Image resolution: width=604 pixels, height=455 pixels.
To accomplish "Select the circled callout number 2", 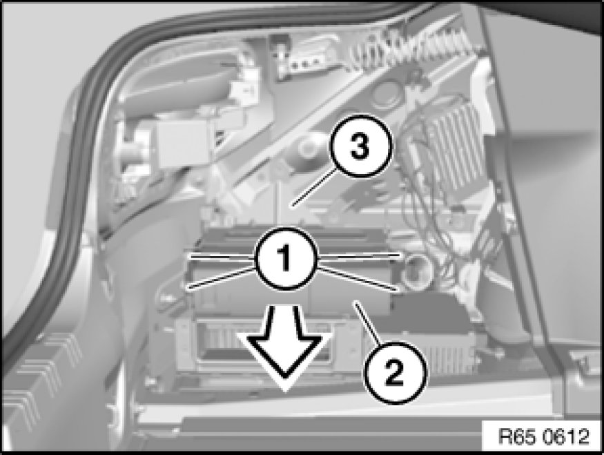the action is point(396,373).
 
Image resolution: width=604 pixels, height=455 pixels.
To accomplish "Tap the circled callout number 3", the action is point(360,146).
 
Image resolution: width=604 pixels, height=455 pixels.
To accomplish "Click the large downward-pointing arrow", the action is point(284,342).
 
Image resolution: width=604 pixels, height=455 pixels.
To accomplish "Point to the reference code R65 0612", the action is point(543,436).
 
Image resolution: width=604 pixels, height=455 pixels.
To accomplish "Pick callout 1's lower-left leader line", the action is point(222,278).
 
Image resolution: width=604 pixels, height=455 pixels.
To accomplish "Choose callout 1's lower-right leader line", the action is point(358,278).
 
